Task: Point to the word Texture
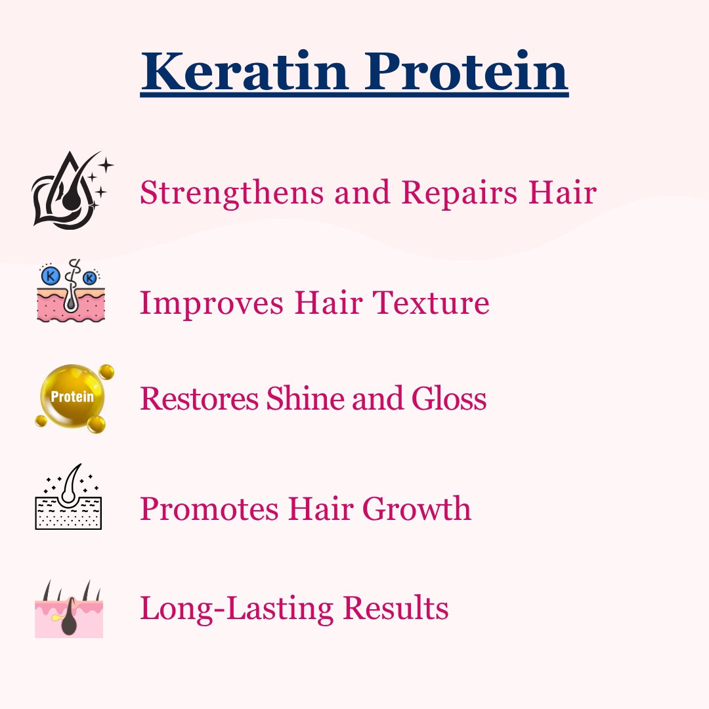(x=431, y=302)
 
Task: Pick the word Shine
(x=306, y=398)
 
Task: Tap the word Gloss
(x=449, y=398)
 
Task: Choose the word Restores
(x=200, y=398)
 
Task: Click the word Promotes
(x=209, y=509)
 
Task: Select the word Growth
(x=417, y=508)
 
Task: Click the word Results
(x=396, y=607)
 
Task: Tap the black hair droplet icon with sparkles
(x=72, y=190)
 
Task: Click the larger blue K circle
(x=50, y=275)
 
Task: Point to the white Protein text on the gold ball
(x=72, y=397)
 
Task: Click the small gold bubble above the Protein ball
(x=106, y=372)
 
